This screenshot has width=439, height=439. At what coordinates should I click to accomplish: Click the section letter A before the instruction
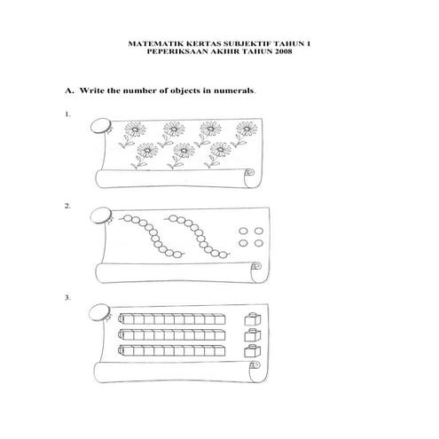pyautogui.click(x=67, y=90)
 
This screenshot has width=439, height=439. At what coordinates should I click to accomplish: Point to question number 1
pyautogui.click(x=67, y=115)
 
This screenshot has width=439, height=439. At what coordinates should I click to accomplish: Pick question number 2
pyautogui.click(x=67, y=206)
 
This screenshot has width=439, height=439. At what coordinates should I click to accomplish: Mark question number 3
pyautogui.click(x=67, y=297)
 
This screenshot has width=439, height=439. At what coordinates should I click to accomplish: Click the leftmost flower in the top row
pyautogui.click(x=132, y=129)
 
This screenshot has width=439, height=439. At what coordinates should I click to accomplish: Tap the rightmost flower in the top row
pyautogui.click(x=240, y=130)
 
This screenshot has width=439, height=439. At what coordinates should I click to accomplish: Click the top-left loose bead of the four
pyautogui.click(x=246, y=231)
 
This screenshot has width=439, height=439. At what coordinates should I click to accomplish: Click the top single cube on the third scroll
pyautogui.click(x=255, y=317)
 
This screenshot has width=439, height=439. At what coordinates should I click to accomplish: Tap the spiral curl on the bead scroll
pyautogui.click(x=255, y=265)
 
